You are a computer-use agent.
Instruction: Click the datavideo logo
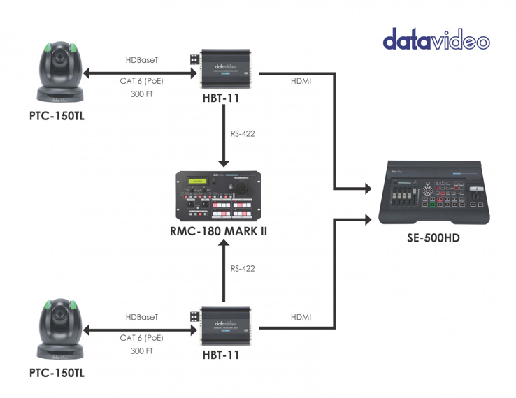click(436, 39)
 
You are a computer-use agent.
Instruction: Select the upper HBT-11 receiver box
click(222, 71)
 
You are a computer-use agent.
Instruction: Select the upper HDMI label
click(301, 81)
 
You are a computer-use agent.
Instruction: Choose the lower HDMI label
click(301, 318)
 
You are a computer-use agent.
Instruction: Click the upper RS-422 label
click(242, 133)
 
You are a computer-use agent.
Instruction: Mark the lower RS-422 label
click(242, 269)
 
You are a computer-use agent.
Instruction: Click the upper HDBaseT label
click(142, 61)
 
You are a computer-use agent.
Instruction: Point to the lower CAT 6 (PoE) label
click(141, 338)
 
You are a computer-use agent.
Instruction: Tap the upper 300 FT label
click(141, 94)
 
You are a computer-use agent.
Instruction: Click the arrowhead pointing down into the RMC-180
click(223, 163)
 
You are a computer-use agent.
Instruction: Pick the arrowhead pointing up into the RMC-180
click(223, 244)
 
